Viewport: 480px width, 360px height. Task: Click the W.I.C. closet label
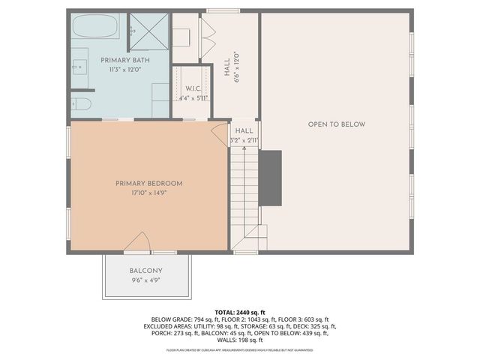[x=191, y=88]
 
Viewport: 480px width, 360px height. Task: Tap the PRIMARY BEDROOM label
[x=148, y=183]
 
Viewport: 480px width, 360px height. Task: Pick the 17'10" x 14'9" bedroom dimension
[x=148, y=193]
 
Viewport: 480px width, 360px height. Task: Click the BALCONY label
[x=145, y=271]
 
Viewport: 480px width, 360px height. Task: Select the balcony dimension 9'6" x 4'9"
[x=145, y=280]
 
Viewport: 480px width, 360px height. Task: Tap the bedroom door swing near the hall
[x=219, y=134]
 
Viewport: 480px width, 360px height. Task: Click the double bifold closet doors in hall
[x=207, y=34]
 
